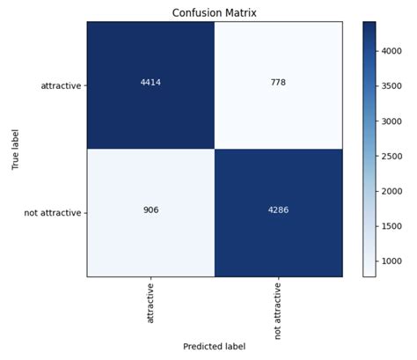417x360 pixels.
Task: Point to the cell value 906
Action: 150,212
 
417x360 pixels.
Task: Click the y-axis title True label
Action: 16,149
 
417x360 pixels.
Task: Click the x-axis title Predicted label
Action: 214,347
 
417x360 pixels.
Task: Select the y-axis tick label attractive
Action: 61,85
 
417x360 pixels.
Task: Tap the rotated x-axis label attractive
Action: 150,303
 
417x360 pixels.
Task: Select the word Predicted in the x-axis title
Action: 203,347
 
